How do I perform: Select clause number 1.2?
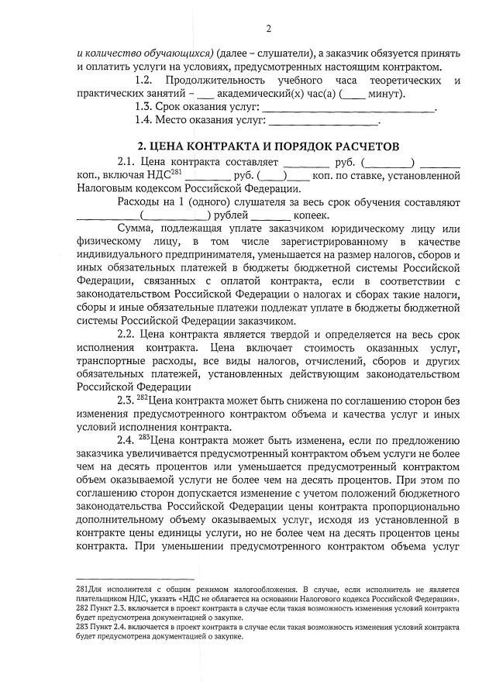click(x=149, y=81)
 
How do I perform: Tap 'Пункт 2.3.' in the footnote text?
click(x=110, y=610)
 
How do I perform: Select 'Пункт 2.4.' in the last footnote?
click(x=110, y=630)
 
